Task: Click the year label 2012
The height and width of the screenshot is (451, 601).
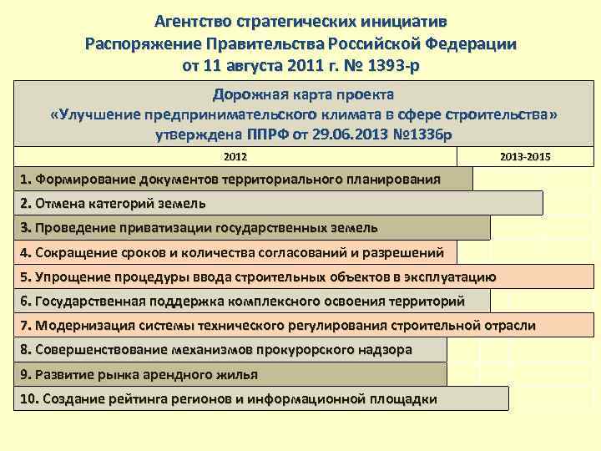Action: [236, 156]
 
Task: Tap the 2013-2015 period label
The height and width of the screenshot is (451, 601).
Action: [525, 156]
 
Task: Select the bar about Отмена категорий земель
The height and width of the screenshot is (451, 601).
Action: [280, 203]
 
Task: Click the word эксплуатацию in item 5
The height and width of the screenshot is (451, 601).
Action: [452, 276]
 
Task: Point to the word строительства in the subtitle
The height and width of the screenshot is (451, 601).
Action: [500, 114]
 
